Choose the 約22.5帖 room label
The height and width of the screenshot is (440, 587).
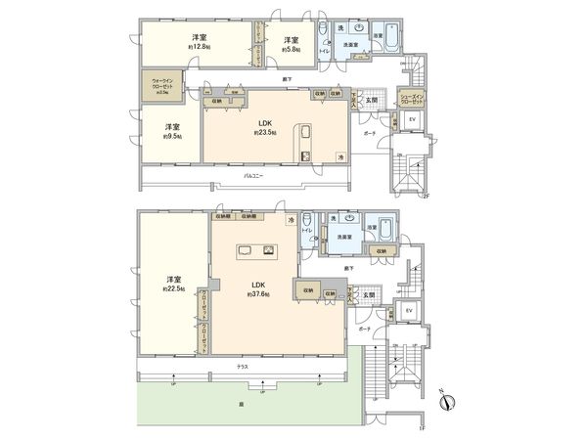170,284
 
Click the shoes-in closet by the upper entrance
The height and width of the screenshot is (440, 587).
412,100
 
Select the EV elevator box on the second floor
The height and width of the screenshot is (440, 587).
412,119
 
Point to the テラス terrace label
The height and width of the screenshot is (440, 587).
241,366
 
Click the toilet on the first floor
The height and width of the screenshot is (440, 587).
309,222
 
